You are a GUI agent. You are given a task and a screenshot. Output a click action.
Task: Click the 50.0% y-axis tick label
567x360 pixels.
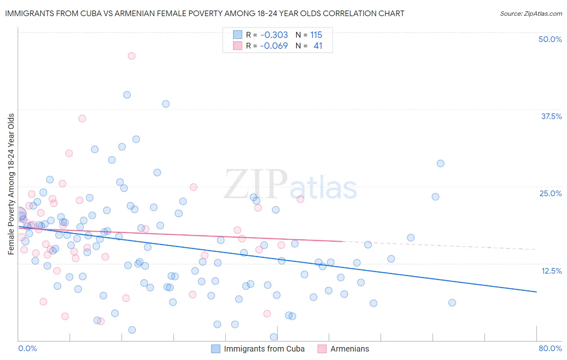click(x=550, y=39)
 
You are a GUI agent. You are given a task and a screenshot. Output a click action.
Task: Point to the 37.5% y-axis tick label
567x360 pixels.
click(x=551, y=116)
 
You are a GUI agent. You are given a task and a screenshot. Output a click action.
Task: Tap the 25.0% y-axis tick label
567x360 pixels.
click(x=550, y=193)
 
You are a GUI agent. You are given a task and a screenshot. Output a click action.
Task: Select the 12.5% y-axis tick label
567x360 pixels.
click(x=551, y=271)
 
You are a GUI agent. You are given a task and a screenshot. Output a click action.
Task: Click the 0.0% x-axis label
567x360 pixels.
click(x=27, y=348)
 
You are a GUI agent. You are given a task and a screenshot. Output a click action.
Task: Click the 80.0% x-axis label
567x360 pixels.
click(x=550, y=348)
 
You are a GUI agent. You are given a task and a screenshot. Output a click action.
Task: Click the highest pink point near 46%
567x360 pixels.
click(x=131, y=56)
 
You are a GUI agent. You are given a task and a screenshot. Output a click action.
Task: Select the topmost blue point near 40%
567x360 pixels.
click(x=127, y=95)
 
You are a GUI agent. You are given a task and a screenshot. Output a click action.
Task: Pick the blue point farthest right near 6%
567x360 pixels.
click(x=452, y=303)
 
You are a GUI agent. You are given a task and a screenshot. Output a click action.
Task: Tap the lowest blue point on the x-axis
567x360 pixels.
click(x=274, y=337)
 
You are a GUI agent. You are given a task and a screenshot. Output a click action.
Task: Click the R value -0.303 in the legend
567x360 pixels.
click(x=274, y=35)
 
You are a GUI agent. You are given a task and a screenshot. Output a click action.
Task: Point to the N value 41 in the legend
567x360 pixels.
click(x=318, y=46)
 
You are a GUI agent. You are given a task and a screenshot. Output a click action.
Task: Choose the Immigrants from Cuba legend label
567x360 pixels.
click(x=264, y=349)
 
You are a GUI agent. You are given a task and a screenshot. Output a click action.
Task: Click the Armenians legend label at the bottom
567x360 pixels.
click(x=349, y=349)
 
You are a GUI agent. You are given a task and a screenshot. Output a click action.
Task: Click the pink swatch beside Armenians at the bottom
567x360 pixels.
click(x=322, y=349)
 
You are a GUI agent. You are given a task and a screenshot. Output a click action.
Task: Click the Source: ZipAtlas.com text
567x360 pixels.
click(x=531, y=13)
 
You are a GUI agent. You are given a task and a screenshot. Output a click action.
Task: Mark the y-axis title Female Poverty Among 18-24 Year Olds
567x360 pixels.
click(x=11, y=184)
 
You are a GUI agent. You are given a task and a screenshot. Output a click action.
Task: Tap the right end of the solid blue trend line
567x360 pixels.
click(x=536, y=291)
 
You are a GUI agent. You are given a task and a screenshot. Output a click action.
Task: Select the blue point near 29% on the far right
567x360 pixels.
click(x=440, y=163)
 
